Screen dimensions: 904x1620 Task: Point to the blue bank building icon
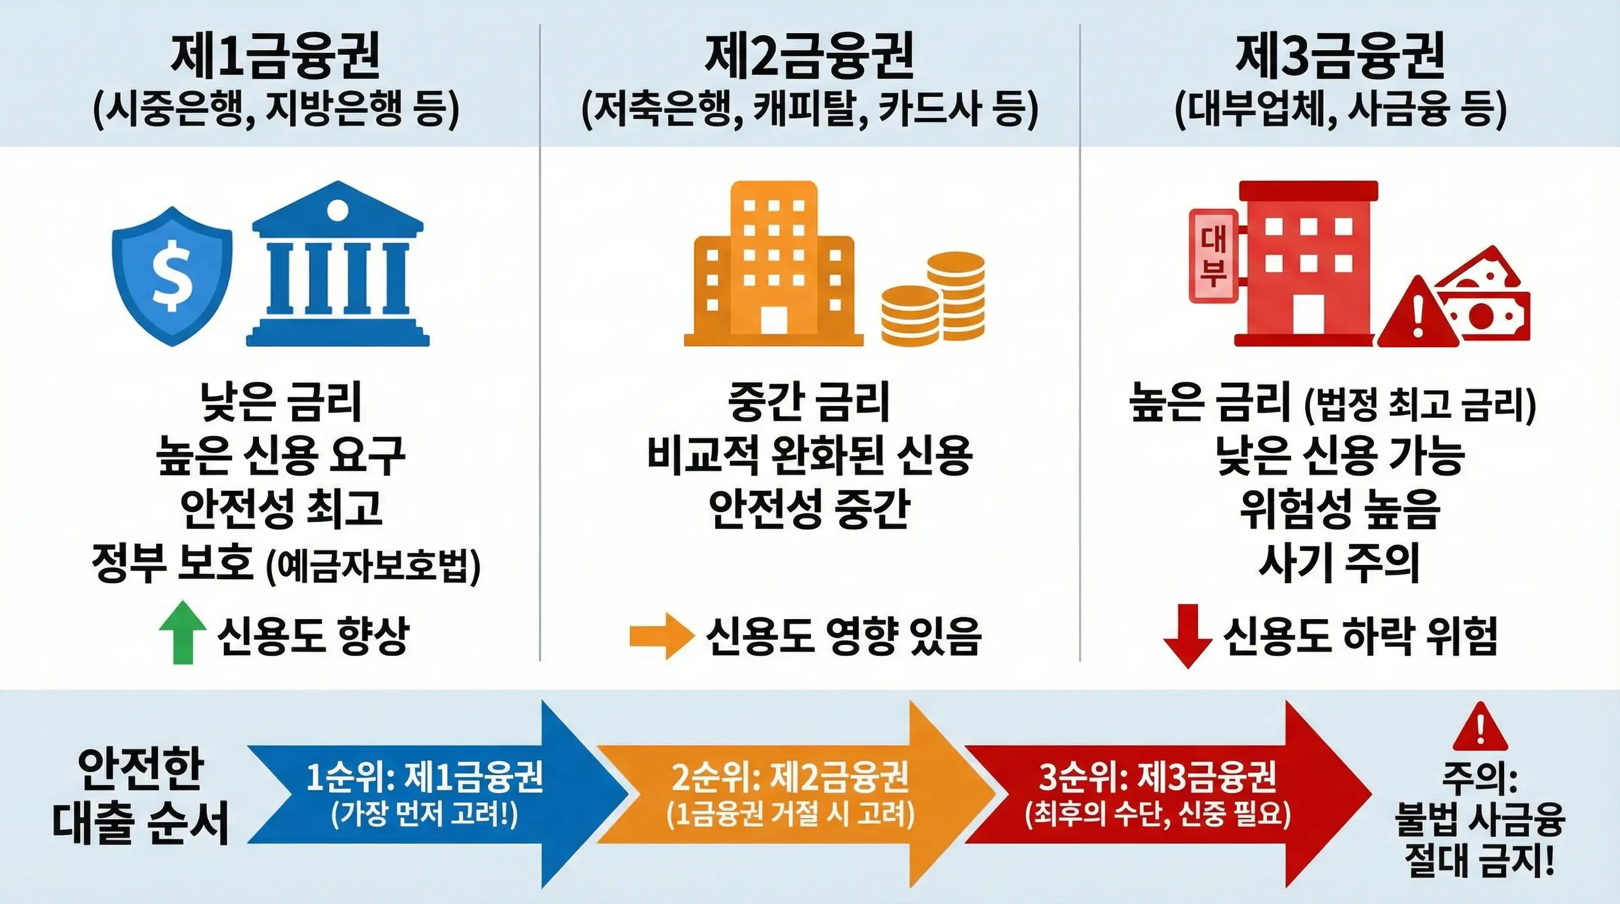[338, 267]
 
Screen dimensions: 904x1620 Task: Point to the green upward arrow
[182, 632]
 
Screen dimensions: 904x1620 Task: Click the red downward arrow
[1187, 636]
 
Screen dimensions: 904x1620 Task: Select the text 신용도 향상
[313, 636]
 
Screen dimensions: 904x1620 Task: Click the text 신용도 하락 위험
[1360, 636]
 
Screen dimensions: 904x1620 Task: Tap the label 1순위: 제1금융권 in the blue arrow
[424, 777]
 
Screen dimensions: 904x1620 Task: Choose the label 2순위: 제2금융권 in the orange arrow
[790, 777]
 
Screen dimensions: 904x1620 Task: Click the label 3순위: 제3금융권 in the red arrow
[1157, 777]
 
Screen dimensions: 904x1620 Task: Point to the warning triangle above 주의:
[1480, 729]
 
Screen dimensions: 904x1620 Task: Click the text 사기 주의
[1340, 563]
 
